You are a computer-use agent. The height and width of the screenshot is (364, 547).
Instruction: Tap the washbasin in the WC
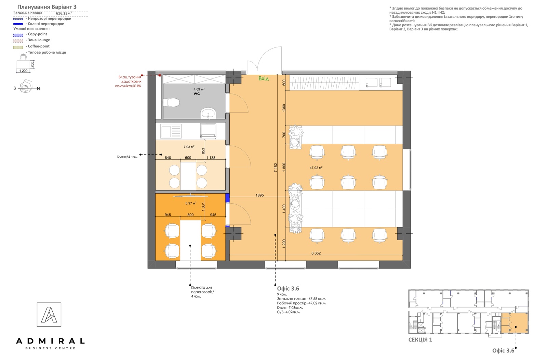pyautogui.click(x=208, y=113)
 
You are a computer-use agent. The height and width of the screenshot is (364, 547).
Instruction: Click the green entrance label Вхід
pyautogui.click(x=264, y=78)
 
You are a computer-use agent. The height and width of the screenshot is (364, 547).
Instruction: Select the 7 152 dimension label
pyautogui.click(x=276, y=168)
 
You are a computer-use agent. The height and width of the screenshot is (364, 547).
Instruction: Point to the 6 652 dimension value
pyautogui.click(x=316, y=253)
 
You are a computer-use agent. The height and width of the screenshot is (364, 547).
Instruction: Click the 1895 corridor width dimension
pyautogui.click(x=259, y=195)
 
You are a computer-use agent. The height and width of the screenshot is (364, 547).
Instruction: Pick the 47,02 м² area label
pyautogui.click(x=316, y=168)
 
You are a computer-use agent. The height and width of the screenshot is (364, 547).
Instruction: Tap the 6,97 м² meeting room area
pyautogui.click(x=191, y=203)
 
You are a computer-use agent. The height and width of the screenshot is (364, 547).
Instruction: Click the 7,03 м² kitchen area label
pyautogui.click(x=189, y=147)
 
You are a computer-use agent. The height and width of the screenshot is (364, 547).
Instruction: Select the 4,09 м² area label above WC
pyautogui.click(x=199, y=89)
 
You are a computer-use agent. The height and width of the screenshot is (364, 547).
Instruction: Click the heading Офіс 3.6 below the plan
pyautogui.click(x=288, y=289)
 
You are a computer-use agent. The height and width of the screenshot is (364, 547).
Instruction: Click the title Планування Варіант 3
pyautogui.click(x=47, y=7)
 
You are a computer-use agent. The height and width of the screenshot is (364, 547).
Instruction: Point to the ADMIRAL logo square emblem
pyautogui.click(x=49, y=315)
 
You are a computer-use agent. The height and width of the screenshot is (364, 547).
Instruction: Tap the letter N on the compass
pyautogui.click(x=38, y=89)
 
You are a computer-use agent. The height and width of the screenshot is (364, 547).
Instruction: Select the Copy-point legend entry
pyautogui.click(x=36, y=34)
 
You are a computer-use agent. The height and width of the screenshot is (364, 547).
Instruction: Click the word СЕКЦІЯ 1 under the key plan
pyautogui.click(x=420, y=340)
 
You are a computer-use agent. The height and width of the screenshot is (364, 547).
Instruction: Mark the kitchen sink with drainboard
pyautogui.click(x=171, y=131)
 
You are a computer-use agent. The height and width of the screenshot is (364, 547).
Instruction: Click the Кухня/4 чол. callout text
pyautogui.click(x=128, y=157)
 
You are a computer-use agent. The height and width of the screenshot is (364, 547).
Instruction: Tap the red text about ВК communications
pyautogui.click(x=129, y=82)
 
